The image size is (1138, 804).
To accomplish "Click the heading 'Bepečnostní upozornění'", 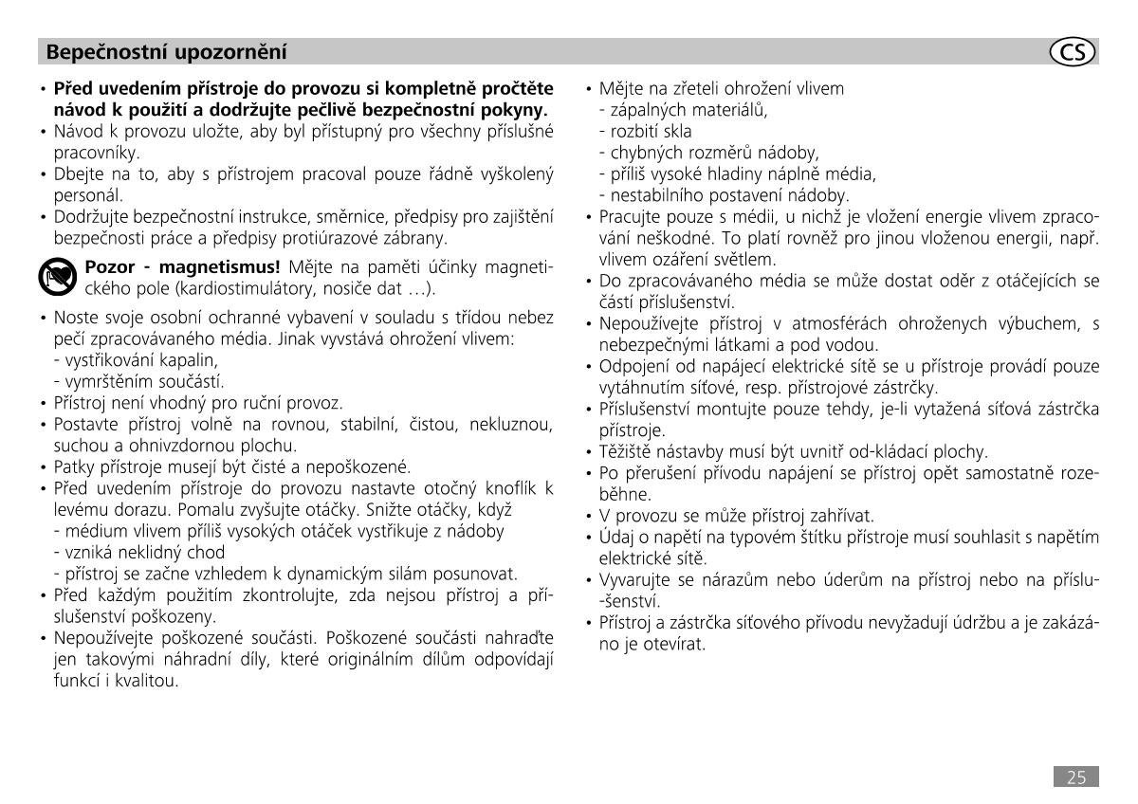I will coord(166,51).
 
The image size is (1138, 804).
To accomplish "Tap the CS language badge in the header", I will coord(1073,52).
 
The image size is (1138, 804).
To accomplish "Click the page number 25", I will coord(1076,777).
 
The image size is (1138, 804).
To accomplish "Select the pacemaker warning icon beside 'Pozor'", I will coord(59,276).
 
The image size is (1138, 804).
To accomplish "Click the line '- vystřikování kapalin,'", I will coord(136,360).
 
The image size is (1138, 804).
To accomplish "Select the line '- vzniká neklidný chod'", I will coord(139,552).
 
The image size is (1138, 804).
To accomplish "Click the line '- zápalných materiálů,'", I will coord(683,110).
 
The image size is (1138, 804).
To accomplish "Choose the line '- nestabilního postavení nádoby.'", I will coord(724,195).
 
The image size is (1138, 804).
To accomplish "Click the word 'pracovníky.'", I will coord(97,152).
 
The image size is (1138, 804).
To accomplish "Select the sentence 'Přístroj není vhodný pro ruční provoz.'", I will coord(198,402).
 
